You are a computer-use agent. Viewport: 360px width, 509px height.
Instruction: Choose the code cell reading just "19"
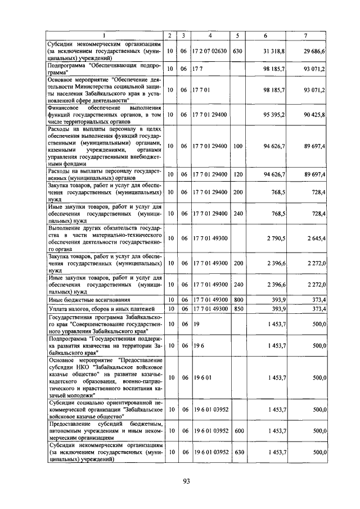tap(197, 325)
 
